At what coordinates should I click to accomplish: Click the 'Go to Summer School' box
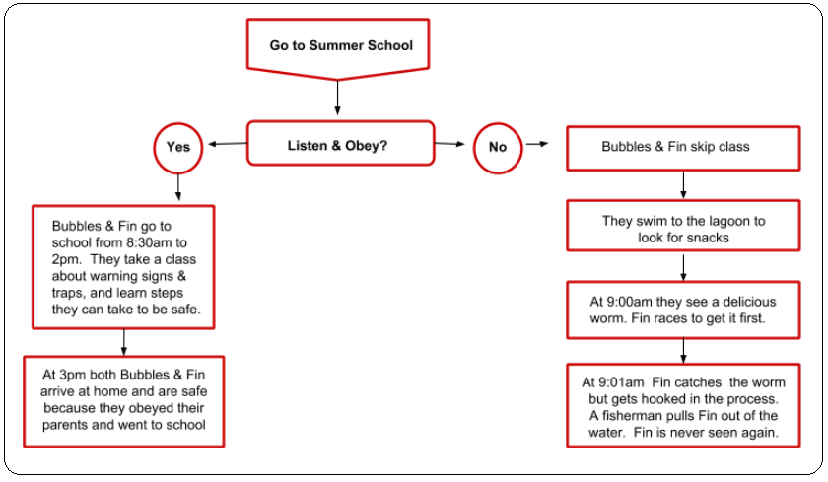pos(338,46)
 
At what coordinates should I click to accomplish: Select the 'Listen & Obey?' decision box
pos(341,144)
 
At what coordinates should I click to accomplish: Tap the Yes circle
pos(178,148)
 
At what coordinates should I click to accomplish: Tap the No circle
pos(498,148)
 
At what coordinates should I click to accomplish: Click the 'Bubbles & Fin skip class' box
pos(683,149)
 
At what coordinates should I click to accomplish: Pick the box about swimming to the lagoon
pos(683,226)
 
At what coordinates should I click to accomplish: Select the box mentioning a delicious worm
pos(683,310)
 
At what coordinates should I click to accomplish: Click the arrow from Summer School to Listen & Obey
pos(337,99)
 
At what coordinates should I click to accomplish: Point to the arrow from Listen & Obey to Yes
pos(227,144)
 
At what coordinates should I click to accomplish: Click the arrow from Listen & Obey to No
pos(449,144)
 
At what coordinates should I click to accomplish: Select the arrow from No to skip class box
pos(537,144)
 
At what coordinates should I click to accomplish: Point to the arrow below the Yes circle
pos(178,187)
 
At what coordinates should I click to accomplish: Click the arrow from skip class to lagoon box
pos(683,185)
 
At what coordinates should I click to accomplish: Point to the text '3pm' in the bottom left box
pos(72,375)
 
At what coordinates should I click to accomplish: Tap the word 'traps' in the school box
pos(68,293)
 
